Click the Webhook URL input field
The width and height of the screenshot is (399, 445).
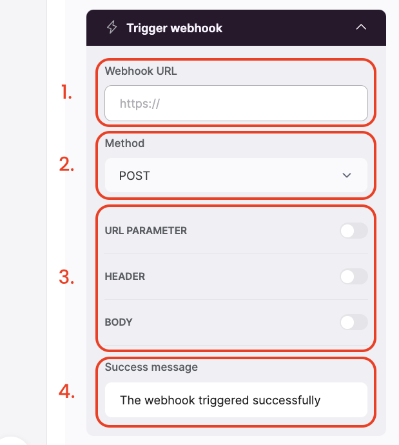click(236, 104)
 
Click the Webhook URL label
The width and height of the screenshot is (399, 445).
click(141, 71)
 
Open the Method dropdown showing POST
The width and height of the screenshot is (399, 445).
click(236, 175)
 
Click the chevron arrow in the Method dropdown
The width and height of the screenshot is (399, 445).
click(347, 175)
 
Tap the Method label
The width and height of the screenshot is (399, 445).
click(124, 143)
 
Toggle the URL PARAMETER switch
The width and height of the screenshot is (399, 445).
click(354, 231)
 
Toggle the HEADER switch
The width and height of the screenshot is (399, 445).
click(354, 277)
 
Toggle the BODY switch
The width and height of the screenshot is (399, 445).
click(354, 322)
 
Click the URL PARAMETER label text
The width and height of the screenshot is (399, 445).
click(146, 231)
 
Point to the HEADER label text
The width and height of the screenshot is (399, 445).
click(125, 277)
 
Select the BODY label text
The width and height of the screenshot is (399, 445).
click(119, 322)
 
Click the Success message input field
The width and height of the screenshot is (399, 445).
click(236, 400)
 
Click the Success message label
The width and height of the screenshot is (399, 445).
click(151, 367)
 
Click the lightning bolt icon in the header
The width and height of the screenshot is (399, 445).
click(112, 28)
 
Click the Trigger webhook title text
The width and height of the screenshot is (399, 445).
click(174, 28)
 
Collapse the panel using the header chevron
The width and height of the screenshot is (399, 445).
click(361, 27)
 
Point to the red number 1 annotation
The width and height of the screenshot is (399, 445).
click(66, 93)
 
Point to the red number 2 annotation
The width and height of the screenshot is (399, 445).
click(67, 164)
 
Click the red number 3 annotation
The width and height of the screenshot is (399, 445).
click(67, 278)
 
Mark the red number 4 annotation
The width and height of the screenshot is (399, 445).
click(67, 391)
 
